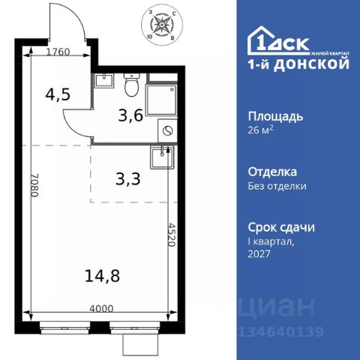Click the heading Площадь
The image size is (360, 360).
[x=274, y=116]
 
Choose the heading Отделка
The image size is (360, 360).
[x=271, y=172]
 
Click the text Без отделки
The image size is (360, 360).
[x=277, y=185]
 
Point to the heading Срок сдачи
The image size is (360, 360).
[x=280, y=227]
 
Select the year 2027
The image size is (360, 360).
[x=259, y=254]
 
